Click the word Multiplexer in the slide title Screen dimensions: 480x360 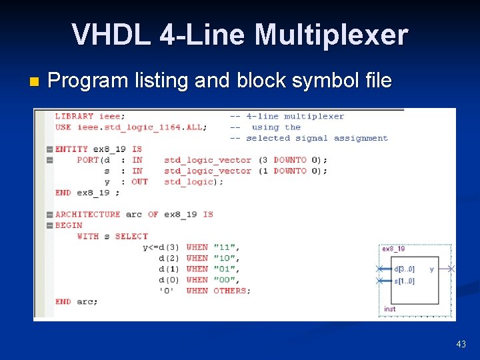(331, 35)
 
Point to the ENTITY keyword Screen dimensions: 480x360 (71, 149)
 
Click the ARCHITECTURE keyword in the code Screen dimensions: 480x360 (88, 214)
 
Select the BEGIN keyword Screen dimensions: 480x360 (69, 225)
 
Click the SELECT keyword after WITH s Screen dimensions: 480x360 (131, 236)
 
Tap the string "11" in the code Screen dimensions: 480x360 (225, 247)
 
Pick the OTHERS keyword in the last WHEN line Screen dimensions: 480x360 (232, 291)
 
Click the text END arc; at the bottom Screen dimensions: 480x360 (76, 301)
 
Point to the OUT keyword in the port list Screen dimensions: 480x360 (139, 181)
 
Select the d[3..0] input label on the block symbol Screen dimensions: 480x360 (404, 269)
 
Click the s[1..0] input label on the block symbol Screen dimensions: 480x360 (404, 281)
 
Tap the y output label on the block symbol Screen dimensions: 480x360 (431, 269)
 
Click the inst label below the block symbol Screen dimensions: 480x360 (390, 309)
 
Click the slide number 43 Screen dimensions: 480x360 (461, 344)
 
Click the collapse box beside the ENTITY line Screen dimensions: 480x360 (49, 149)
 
